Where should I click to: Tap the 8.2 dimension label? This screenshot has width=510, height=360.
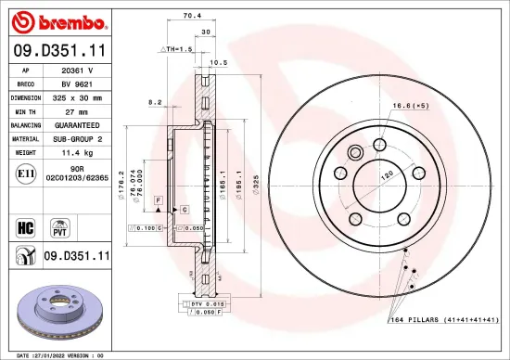point(154,103)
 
